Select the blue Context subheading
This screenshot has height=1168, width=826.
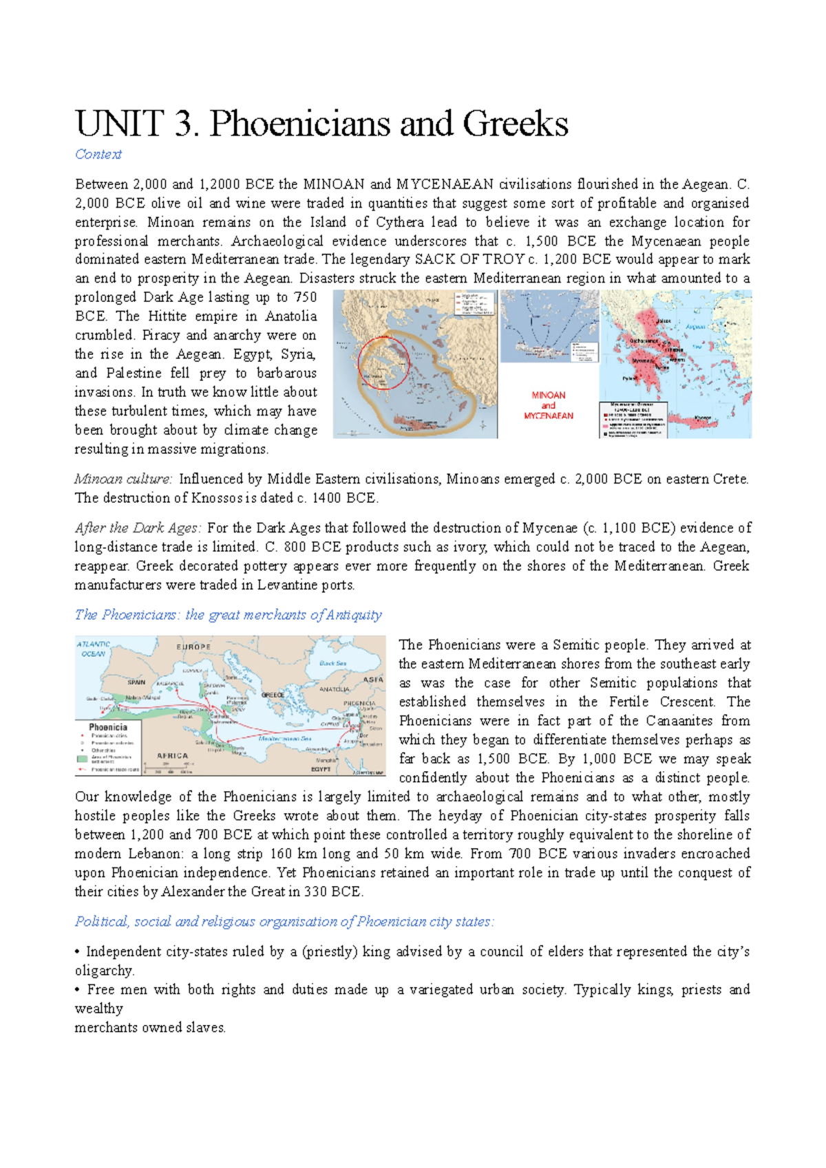98,155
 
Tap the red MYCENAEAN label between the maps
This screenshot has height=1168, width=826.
548,415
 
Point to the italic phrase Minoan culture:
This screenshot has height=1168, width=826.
123,479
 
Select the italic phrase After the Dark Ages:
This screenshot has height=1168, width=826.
138,528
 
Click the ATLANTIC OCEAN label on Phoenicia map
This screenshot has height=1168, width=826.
94,649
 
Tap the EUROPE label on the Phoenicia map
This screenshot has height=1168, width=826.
194,647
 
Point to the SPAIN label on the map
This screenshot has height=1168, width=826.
136,682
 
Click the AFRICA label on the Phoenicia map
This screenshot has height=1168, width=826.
172,755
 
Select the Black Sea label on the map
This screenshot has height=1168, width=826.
332,663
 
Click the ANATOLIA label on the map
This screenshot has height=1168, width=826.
335,689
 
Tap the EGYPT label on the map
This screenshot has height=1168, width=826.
321,769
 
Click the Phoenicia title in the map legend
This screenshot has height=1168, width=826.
108,727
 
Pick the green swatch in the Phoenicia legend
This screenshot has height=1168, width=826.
82,759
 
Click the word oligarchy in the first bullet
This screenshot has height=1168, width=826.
104,971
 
